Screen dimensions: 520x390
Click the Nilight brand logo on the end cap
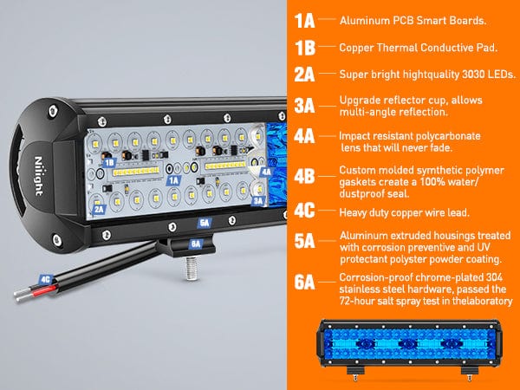(x=39, y=176)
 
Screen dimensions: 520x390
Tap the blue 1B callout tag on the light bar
(x=109, y=163)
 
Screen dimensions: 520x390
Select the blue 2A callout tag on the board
(x=99, y=209)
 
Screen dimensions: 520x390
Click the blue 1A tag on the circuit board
(x=173, y=181)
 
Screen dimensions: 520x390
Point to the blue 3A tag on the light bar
(x=257, y=201)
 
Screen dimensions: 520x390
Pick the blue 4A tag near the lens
(x=266, y=172)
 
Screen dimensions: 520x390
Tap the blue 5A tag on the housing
(x=205, y=223)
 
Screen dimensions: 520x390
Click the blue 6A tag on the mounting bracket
(x=196, y=244)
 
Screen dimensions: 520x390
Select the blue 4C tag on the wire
(x=45, y=279)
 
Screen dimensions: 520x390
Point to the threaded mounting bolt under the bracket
(x=192, y=268)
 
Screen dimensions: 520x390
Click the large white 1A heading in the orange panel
(x=304, y=21)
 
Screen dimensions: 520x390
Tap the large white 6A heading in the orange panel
(x=304, y=282)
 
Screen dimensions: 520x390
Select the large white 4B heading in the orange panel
(x=304, y=176)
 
